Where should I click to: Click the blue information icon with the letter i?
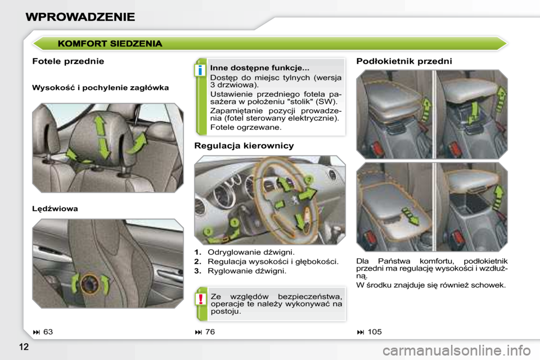coord(199,70)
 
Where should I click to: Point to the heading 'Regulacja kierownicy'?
coord(244,146)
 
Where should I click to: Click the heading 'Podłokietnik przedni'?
coord(404,61)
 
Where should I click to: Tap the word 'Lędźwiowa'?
coord(55,208)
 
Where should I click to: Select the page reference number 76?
coord(210,332)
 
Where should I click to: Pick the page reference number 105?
coord(374,332)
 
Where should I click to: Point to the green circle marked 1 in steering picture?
coord(235,223)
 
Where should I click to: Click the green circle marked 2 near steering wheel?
coord(308,179)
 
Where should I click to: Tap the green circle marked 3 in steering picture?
coord(208,231)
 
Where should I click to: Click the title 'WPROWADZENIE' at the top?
coord(80,16)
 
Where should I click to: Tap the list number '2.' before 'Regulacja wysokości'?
coord(198,262)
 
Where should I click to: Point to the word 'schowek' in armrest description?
coord(488,285)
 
